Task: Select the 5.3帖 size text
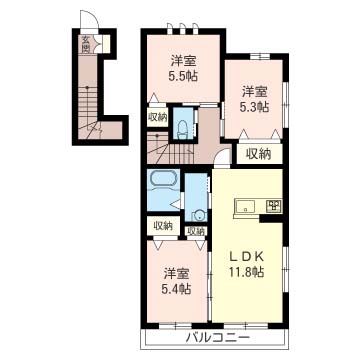[255, 107]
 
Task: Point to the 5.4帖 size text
[178, 290]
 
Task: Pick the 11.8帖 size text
[247, 271]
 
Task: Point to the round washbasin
[199, 214]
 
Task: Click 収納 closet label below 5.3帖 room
[258, 153]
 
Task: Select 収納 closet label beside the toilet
[158, 118]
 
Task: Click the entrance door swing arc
[92, 28]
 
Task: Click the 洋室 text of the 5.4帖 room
[178, 273]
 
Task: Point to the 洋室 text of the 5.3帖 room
[255, 91]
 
